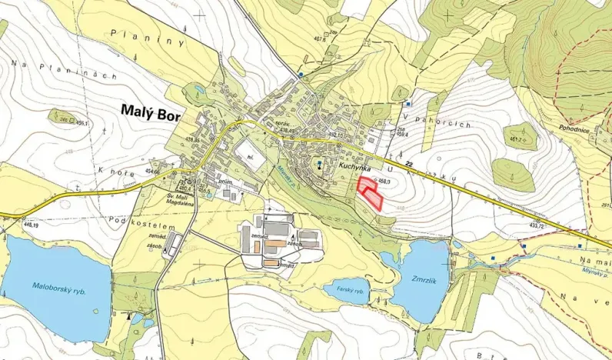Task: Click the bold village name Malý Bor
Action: click(153, 111)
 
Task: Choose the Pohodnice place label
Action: click(574, 131)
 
